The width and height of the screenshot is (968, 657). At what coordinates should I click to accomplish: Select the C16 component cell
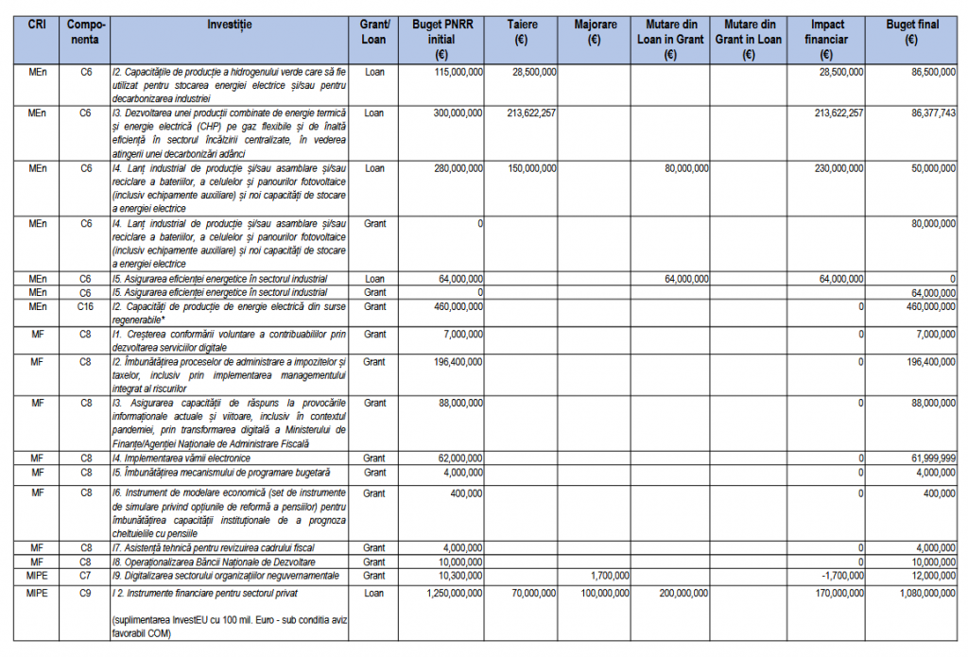pyautogui.click(x=85, y=307)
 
